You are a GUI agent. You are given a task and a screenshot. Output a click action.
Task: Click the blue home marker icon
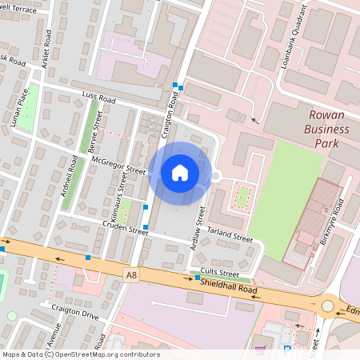tap(179, 173)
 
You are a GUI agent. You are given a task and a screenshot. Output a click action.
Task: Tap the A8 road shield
tap(131, 274)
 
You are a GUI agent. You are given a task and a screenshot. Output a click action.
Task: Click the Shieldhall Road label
tap(229, 286)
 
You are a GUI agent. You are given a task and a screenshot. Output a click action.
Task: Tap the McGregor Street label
tap(119, 166)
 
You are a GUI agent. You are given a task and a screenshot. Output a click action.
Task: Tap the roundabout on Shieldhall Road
tap(327, 306)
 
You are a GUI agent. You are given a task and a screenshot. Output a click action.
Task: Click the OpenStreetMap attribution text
tap(80, 354)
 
